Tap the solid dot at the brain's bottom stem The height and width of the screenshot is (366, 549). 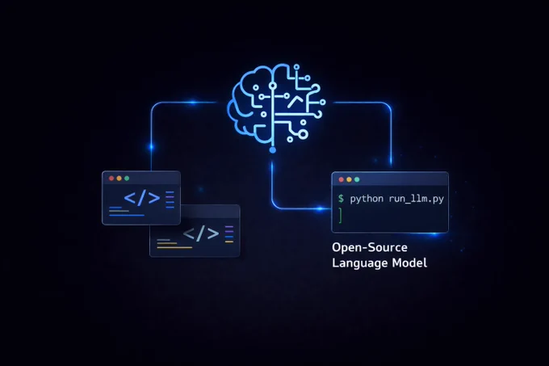coord(272,150)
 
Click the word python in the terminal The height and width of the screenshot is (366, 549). coord(367,199)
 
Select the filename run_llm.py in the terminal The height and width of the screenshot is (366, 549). coord(417,199)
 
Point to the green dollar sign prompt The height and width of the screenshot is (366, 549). coord(341,199)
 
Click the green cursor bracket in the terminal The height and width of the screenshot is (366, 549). coord(341,215)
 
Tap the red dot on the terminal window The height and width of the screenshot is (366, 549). coord(341,179)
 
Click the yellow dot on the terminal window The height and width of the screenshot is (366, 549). coord(349,179)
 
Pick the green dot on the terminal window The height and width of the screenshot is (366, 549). coord(357,179)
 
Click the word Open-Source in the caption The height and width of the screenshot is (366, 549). coord(370,247)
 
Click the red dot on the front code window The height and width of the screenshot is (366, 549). coord(111,179)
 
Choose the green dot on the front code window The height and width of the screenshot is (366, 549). coord(127,179)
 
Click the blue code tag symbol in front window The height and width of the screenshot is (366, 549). coord(142,198)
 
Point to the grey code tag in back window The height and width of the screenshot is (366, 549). coord(201,233)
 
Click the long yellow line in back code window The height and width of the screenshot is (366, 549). coord(174,247)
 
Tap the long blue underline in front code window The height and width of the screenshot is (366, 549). coord(127,215)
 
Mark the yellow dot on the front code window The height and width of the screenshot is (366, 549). coord(119,179)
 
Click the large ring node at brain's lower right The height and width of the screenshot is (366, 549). coord(304,134)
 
